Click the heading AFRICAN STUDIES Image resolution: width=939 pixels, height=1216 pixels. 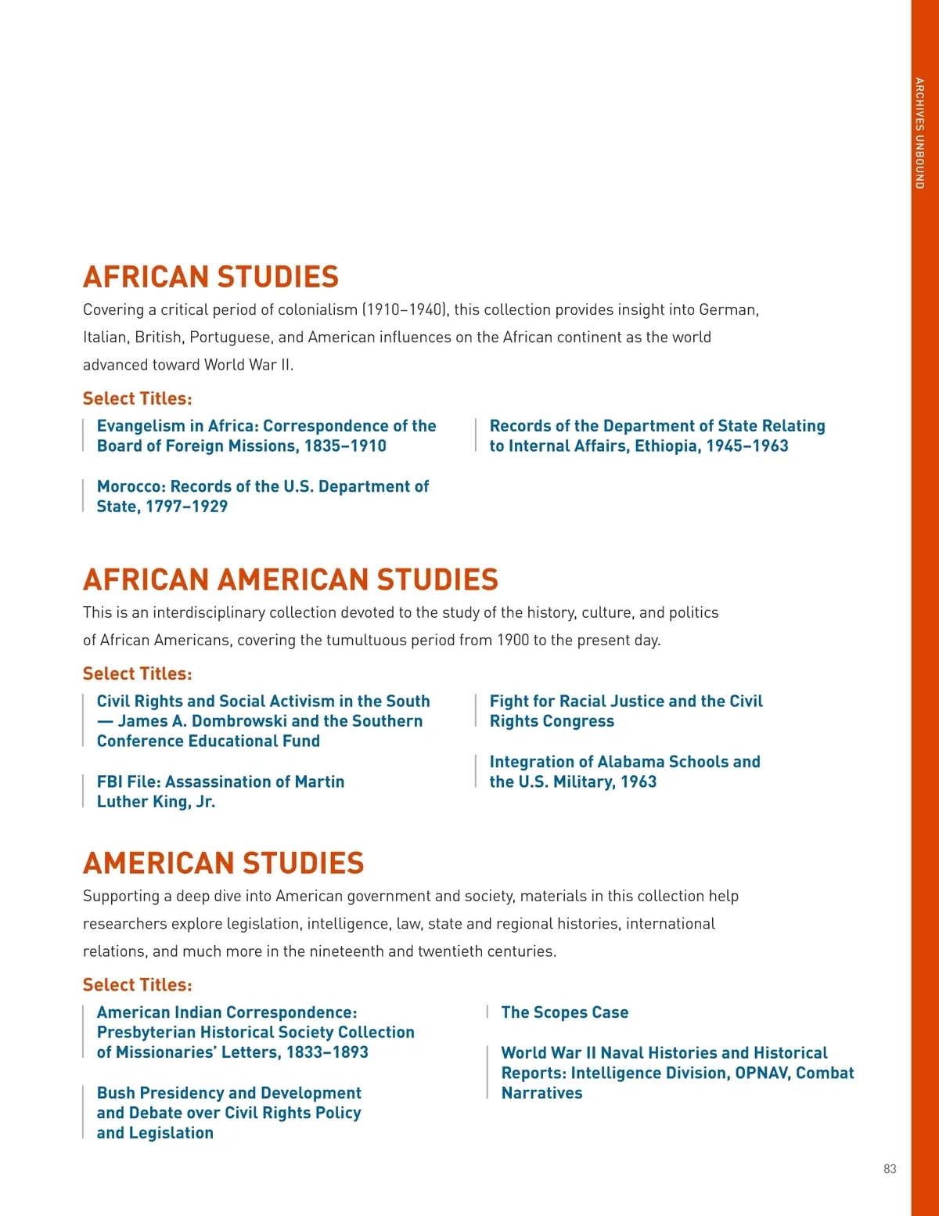(210, 277)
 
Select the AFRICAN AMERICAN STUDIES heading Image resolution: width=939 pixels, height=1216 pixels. (290, 580)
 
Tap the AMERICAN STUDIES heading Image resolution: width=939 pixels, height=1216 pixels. (223, 864)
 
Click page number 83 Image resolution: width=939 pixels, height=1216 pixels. (890, 1169)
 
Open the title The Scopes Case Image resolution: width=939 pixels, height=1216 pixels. (564, 1012)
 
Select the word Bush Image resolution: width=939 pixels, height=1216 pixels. (117, 1093)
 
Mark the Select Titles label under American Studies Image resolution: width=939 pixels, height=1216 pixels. (137, 985)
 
